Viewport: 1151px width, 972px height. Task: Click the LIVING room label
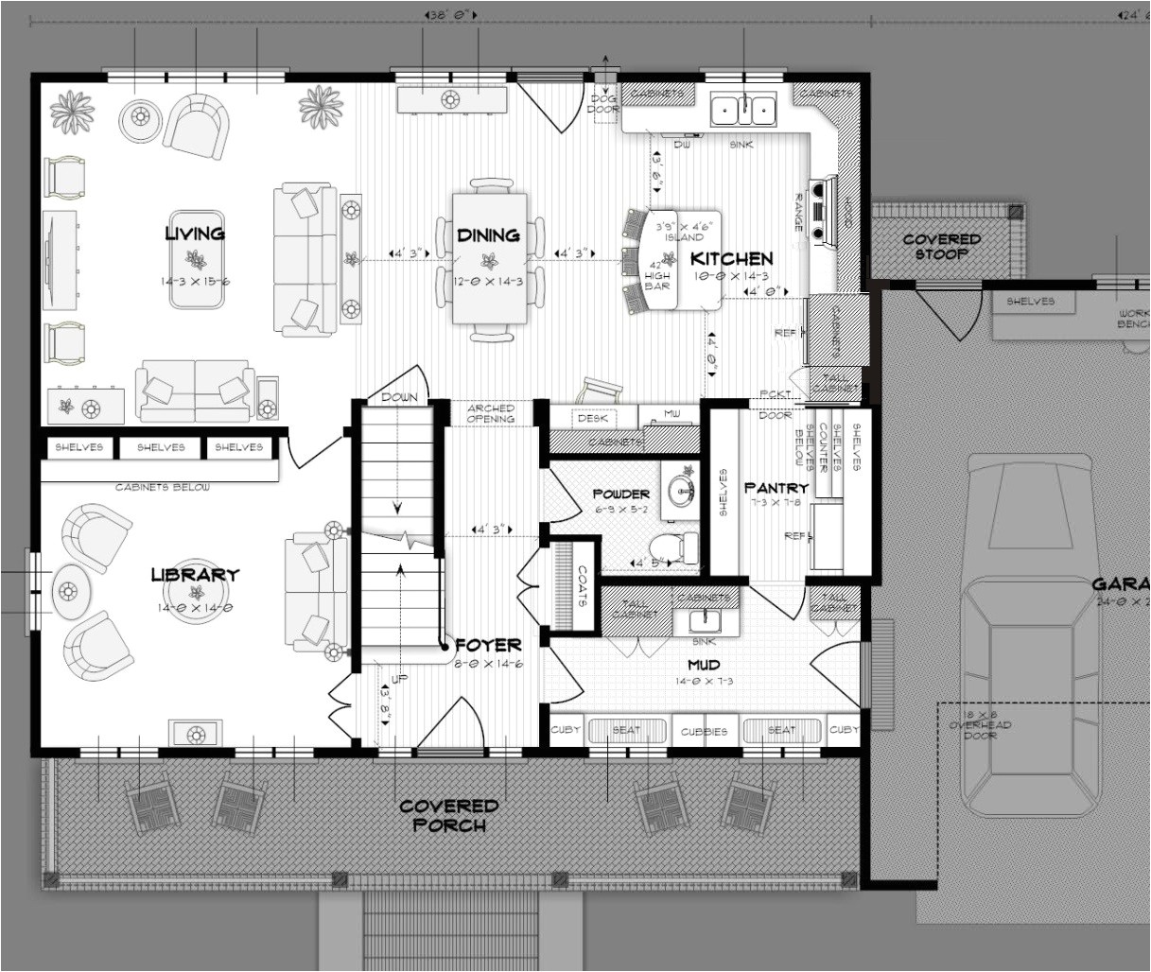[x=195, y=234]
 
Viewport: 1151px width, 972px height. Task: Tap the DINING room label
[x=488, y=235]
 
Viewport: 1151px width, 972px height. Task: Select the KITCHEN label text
[x=731, y=258]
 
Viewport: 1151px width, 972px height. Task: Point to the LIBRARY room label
[x=195, y=575]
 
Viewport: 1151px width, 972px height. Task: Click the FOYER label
[x=488, y=645]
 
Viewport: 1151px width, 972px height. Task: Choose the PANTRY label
[x=776, y=488]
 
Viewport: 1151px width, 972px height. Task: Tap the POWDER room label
[x=620, y=494]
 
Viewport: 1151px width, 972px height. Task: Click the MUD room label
[x=704, y=665]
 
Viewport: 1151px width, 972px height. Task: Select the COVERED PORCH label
[x=448, y=815]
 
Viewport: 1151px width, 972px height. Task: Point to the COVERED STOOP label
[x=941, y=247]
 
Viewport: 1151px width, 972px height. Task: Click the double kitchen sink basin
[x=742, y=110]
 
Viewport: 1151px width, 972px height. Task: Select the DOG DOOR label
[x=603, y=103]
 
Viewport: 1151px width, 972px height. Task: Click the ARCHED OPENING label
[x=490, y=413]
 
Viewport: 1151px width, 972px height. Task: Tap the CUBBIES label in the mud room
[x=704, y=731]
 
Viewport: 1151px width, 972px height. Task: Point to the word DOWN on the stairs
[x=398, y=397]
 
